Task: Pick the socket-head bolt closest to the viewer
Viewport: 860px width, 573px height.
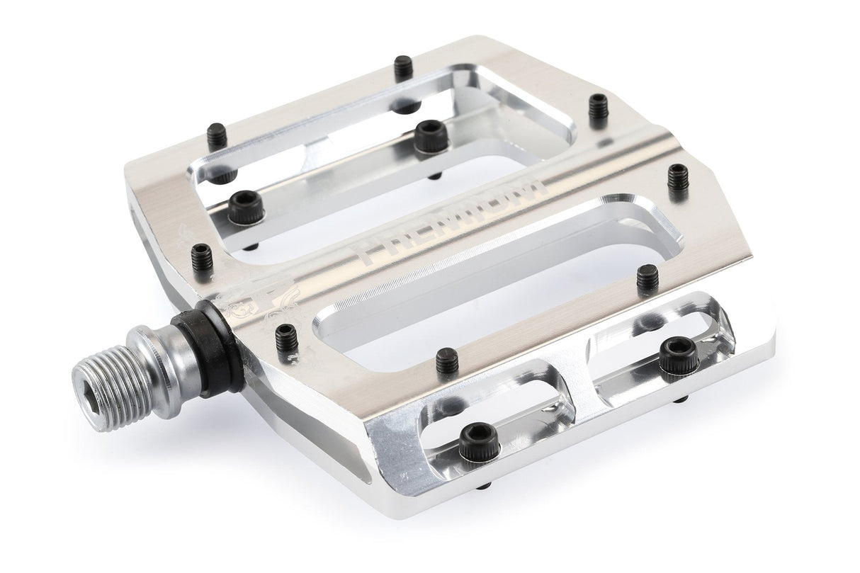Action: pyautogui.click(x=479, y=443)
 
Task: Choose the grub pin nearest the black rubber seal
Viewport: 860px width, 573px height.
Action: pyautogui.click(x=285, y=336)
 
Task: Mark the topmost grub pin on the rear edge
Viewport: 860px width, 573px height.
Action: pyautogui.click(x=403, y=67)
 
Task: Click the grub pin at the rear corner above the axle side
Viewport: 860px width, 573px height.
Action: pyautogui.click(x=217, y=134)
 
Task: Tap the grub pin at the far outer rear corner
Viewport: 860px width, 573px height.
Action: pyautogui.click(x=598, y=107)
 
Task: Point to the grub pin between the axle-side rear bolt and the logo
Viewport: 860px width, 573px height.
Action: pyautogui.click(x=202, y=256)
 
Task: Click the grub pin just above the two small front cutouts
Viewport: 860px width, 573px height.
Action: pyautogui.click(x=446, y=361)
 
